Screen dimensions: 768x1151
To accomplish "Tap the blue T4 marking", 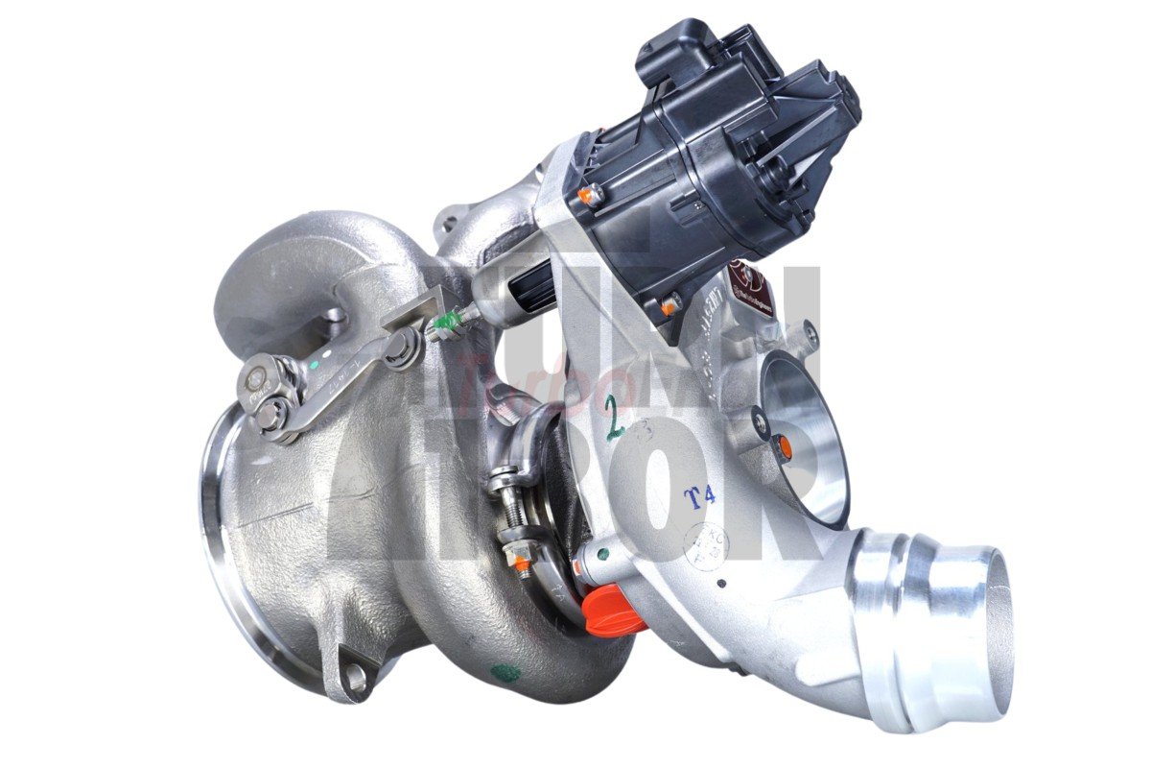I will pyautogui.click(x=699, y=496).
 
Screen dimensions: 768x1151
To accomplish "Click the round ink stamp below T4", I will pyautogui.click(x=705, y=546).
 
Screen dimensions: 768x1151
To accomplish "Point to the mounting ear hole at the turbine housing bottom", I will pyautogui.click(x=357, y=680).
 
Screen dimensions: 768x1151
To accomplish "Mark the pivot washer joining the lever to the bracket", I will pyautogui.click(x=404, y=345).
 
